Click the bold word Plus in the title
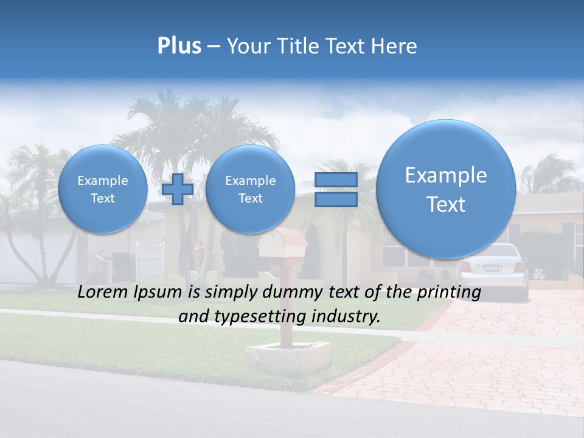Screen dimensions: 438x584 [x=179, y=46]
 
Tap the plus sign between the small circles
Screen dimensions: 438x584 [x=178, y=189]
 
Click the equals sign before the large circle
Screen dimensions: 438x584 [x=335, y=189]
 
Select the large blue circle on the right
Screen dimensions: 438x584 [x=446, y=189]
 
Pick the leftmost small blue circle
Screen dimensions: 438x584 [x=103, y=189]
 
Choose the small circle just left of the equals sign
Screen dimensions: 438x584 [x=250, y=189]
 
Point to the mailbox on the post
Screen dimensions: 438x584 [x=283, y=244]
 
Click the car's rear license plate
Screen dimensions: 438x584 [x=490, y=268]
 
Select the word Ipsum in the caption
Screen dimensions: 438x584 [x=161, y=293]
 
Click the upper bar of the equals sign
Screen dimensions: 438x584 [x=335, y=180]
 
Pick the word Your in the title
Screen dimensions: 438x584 [x=247, y=46]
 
